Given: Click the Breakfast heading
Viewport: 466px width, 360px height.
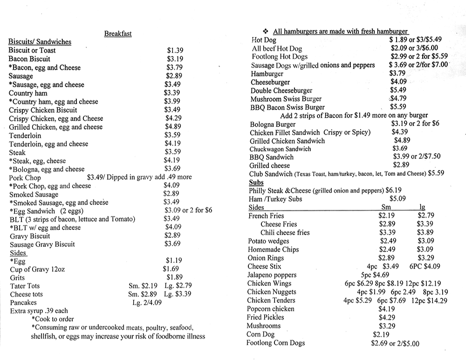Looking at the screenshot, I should pyautogui.click(x=118, y=34).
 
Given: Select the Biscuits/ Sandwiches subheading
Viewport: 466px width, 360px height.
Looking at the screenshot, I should pyautogui.click(x=40, y=42).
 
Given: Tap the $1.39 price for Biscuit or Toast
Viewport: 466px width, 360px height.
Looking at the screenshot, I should pyautogui.click(x=175, y=50).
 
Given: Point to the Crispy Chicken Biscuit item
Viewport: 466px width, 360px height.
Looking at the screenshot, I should pyautogui.click(x=43, y=110).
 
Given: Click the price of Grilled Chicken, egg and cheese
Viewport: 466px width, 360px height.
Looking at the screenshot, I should pyautogui.click(x=173, y=127).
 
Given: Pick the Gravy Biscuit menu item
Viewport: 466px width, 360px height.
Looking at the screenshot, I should pyautogui.click(x=30, y=236).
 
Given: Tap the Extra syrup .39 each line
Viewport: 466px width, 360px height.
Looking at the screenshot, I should pyautogui.click(x=39, y=311).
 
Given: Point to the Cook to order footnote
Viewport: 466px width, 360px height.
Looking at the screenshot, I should pyautogui.click(x=53, y=319).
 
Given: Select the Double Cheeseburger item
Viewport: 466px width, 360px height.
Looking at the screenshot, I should pyautogui.click(x=281, y=90).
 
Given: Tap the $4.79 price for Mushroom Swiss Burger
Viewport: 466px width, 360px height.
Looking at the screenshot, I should pyautogui.click(x=399, y=98).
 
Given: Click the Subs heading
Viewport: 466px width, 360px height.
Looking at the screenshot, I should pyautogui.click(x=256, y=182).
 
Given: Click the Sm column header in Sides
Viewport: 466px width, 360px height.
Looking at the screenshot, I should pyautogui.click(x=386, y=208).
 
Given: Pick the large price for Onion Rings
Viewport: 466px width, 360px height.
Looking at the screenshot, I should pyautogui.click(x=425, y=258).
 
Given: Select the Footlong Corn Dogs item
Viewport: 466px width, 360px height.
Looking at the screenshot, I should pyautogui.click(x=276, y=343).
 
